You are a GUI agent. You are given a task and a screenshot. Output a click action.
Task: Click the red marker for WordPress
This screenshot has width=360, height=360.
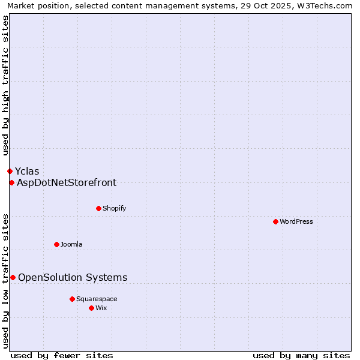click(275, 221)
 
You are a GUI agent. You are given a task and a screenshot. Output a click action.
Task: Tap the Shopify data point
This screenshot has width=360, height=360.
click(98, 208)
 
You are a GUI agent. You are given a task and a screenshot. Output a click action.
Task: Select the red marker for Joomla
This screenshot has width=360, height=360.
click(56, 244)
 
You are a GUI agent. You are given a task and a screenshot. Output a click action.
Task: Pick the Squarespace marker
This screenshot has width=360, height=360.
click(72, 299)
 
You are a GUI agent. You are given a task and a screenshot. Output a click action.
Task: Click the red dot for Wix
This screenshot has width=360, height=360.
click(91, 308)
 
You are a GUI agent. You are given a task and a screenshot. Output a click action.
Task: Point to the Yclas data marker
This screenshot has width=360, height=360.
click(10, 171)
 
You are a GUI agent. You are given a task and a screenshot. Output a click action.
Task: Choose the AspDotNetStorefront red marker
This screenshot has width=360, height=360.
click(11, 182)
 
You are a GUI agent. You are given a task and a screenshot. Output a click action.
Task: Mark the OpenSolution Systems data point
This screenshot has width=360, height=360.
click(13, 277)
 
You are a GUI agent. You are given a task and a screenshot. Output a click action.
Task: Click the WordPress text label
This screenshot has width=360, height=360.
click(296, 221)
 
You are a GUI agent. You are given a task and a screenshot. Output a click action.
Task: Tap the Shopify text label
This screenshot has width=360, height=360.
click(114, 208)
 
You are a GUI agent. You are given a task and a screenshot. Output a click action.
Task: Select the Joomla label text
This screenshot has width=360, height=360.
click(71, 244)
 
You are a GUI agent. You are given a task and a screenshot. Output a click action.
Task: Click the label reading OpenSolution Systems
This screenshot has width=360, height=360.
click(73, 277)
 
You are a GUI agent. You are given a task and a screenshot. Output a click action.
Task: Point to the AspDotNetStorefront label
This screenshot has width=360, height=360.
click(67, 182)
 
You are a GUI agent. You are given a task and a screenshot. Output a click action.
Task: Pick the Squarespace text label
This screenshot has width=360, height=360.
click(97, 299)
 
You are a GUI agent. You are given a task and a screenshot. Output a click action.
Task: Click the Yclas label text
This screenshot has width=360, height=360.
click(27, 171)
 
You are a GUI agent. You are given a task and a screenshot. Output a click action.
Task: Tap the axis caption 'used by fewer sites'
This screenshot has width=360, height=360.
click(62, 355)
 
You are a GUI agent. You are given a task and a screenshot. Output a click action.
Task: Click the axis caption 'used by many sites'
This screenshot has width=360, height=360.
click(301, 355)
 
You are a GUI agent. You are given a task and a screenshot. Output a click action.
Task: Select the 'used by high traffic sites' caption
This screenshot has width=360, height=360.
click(5, 85)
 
